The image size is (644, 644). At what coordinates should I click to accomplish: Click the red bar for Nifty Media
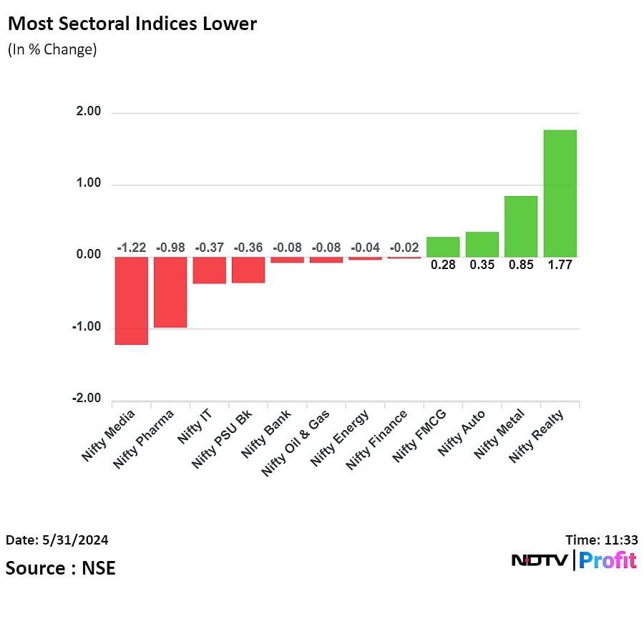tap(131, 301)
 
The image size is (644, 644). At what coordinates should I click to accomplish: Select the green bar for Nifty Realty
tap(560, 193)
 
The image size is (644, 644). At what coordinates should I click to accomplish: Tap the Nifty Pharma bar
tap(170, 292)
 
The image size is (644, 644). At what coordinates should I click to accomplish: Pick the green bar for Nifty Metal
tap(521, 226)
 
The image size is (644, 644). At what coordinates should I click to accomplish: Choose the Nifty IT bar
tap(209, 270)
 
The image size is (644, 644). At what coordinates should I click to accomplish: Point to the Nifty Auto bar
tap(482, 244)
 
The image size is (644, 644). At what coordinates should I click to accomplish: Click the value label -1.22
tap(131, 248)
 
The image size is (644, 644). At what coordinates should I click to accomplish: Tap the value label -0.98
tap(170, 248)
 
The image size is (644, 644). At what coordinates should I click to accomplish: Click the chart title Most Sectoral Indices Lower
tap(132, 24)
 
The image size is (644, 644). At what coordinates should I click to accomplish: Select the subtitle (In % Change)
tap(52, 50)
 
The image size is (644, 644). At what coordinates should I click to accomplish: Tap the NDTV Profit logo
tap(574, 560)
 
